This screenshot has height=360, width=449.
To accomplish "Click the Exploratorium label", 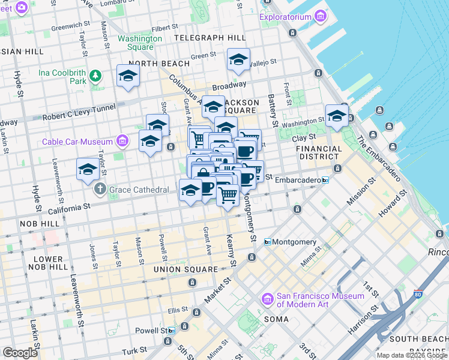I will [286, 17].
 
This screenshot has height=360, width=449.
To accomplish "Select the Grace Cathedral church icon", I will [100, 190].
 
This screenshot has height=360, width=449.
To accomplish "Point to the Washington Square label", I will [140, 43].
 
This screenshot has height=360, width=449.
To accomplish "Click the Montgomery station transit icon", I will [268, 242].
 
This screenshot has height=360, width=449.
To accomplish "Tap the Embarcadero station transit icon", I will [325, 179].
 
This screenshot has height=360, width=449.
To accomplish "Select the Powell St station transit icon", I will [172, 331].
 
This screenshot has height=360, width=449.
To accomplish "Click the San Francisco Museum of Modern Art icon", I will [268, 298].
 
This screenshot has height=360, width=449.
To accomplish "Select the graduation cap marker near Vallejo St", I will [238, 60].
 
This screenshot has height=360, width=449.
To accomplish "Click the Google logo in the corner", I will [20, 353].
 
